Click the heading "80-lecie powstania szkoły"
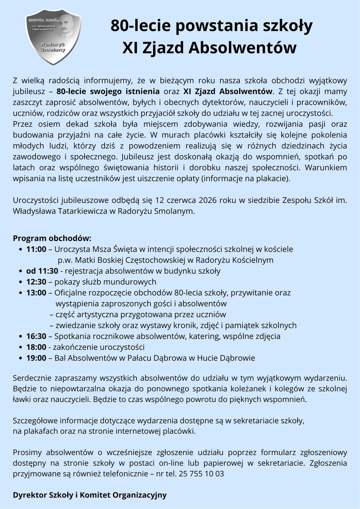coord(211,26)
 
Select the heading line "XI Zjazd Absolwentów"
coord(209,48)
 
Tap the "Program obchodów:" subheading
coord(52,238)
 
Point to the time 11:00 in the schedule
coord(36,249)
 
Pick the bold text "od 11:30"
coord(42,271)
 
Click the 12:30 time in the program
coord(36,282)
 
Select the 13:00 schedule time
coord(36,293)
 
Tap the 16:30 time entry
coord(36,336)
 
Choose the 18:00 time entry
coord(36,347)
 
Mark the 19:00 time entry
coord(36,358)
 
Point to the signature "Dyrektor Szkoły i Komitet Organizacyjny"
coord(90,495)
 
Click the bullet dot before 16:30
coord(21,336)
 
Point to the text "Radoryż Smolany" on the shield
coord(53,47)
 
